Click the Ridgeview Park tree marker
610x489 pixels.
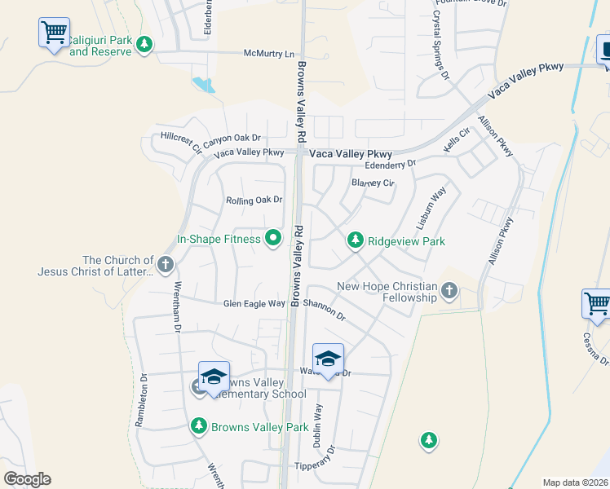coord(355,240)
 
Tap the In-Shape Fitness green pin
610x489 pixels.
coord(273,239)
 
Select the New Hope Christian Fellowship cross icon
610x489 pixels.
coord(449,290)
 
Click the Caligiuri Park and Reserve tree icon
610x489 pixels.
coord(144,43)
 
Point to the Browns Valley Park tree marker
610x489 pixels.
coord(198,425)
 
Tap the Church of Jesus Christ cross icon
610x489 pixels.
coord(165,263)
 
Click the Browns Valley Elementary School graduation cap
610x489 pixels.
coord(214,377)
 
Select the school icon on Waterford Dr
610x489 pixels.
coord(328,359)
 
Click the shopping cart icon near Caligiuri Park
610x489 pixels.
coord(54,33)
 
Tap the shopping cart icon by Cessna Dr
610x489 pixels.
coord(596,304)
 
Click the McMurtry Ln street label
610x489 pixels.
coord(268,54)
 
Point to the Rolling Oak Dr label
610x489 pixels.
coord(254,200)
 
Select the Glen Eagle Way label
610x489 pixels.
coord(254,303)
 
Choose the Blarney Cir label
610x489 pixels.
coord(372,183)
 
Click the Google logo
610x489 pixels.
coord(27,479)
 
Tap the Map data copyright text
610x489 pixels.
coord(575,482)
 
